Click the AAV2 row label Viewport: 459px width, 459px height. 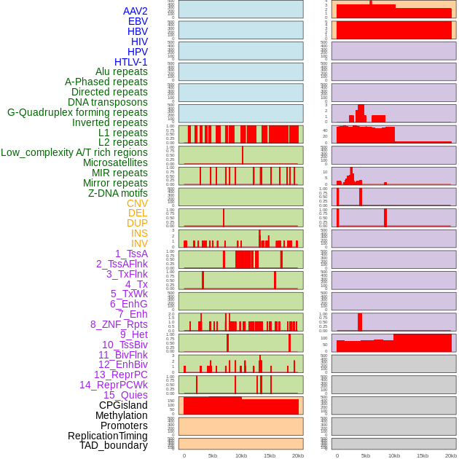click(136, 11)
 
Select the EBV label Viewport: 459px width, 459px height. click(138, 21)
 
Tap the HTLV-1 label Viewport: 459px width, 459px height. click(131, 62)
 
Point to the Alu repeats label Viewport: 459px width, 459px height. click(122, 71)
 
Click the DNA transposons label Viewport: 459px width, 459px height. click(108, 102)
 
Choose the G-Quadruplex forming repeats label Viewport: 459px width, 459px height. click(77, 112)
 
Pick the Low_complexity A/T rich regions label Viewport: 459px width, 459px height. click(74, 152)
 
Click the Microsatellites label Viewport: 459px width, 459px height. click(115, 162)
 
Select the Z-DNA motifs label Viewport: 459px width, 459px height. click(118, 193)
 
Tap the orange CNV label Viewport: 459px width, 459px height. click(137, 203)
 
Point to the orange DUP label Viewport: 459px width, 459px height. click(137, 223)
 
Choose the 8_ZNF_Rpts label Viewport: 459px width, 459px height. click(119, 324)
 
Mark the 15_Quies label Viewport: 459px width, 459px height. click(125, 395)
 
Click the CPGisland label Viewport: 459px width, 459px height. click(123, 405)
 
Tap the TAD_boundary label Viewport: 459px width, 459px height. click(114, 445)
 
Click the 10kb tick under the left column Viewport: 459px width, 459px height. click(240, 455)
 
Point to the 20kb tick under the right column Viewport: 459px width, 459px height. click(451, 455)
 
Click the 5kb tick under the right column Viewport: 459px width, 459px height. click(366, 455)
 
